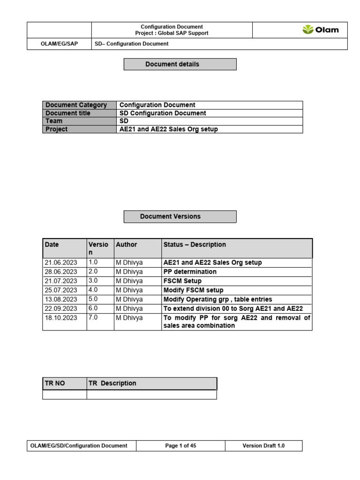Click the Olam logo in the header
[x=321, y=30]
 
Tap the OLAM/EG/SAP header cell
[x=59, y=44]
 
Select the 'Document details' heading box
[x=180, y=64]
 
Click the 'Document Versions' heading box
[x=180, y=217]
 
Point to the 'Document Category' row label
[x=76, y=105]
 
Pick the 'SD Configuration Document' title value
[x=163, y=113]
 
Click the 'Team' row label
[x=54, y=121]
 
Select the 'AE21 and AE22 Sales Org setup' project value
[x=169, y=129]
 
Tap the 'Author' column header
[x=127, y=245]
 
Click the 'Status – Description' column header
[x=195, y=245]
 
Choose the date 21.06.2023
[x=61, y=262]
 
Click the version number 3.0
[x=93, y=281]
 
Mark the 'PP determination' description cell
[x=190, y=272]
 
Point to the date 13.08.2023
[x=61, y=300]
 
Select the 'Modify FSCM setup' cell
[x=193, y=290]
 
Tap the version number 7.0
[x=93, y=317]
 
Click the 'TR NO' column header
[x=55, y=383]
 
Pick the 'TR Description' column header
[x=112, y=383]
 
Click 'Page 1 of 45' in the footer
[x=180, y=446]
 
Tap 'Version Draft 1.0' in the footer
[x=263, y=446]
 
